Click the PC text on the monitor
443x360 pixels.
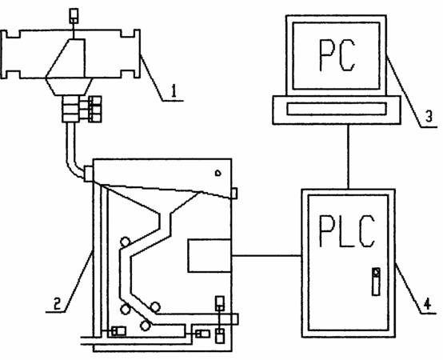(337, 55)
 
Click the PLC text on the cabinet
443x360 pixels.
(347, 231)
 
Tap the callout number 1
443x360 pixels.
(174, 91)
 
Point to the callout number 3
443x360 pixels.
(429, 116)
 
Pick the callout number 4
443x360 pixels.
(428, 304)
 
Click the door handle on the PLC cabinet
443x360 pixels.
(376, 282)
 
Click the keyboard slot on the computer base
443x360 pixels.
(337, 109)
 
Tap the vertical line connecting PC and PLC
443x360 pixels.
(349, 157)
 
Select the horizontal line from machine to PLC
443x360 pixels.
(266, 256)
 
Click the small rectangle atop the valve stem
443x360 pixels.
(74, 15)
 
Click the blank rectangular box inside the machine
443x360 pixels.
(210, 256)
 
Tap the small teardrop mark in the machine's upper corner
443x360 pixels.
(218, 173)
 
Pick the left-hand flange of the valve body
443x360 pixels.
(10, 54)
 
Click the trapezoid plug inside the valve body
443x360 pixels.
(66, 58)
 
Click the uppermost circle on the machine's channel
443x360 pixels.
(126, 242)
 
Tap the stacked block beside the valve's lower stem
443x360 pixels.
(94, 110)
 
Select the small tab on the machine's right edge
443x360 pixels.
(234, 194)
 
